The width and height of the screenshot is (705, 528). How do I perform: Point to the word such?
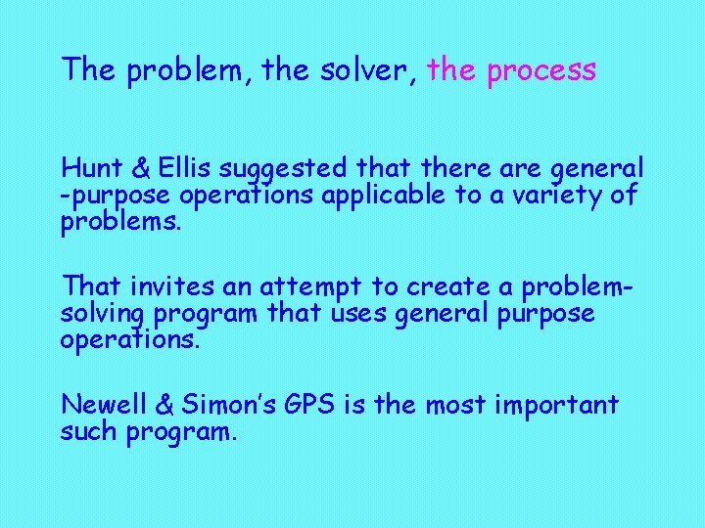89,431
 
